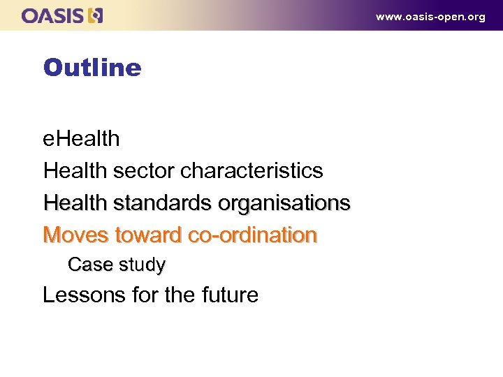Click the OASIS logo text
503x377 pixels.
click(x=53, y=15)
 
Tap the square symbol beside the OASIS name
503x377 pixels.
click(x=96, y=15)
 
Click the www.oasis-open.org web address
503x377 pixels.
click(x=430, y=17)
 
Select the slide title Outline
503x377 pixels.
click(x=92, y=68)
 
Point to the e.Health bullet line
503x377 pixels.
click(x=81, y=138)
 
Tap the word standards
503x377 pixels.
click(x=162, y=202)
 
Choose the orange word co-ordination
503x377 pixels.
click(x=252, y=235)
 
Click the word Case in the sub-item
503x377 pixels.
click(x=89, y=265)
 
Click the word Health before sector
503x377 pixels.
click(x=73, y=170)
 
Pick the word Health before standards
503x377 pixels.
click(x=73, y=202)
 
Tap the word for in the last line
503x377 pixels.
click(x=144, y=295)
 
